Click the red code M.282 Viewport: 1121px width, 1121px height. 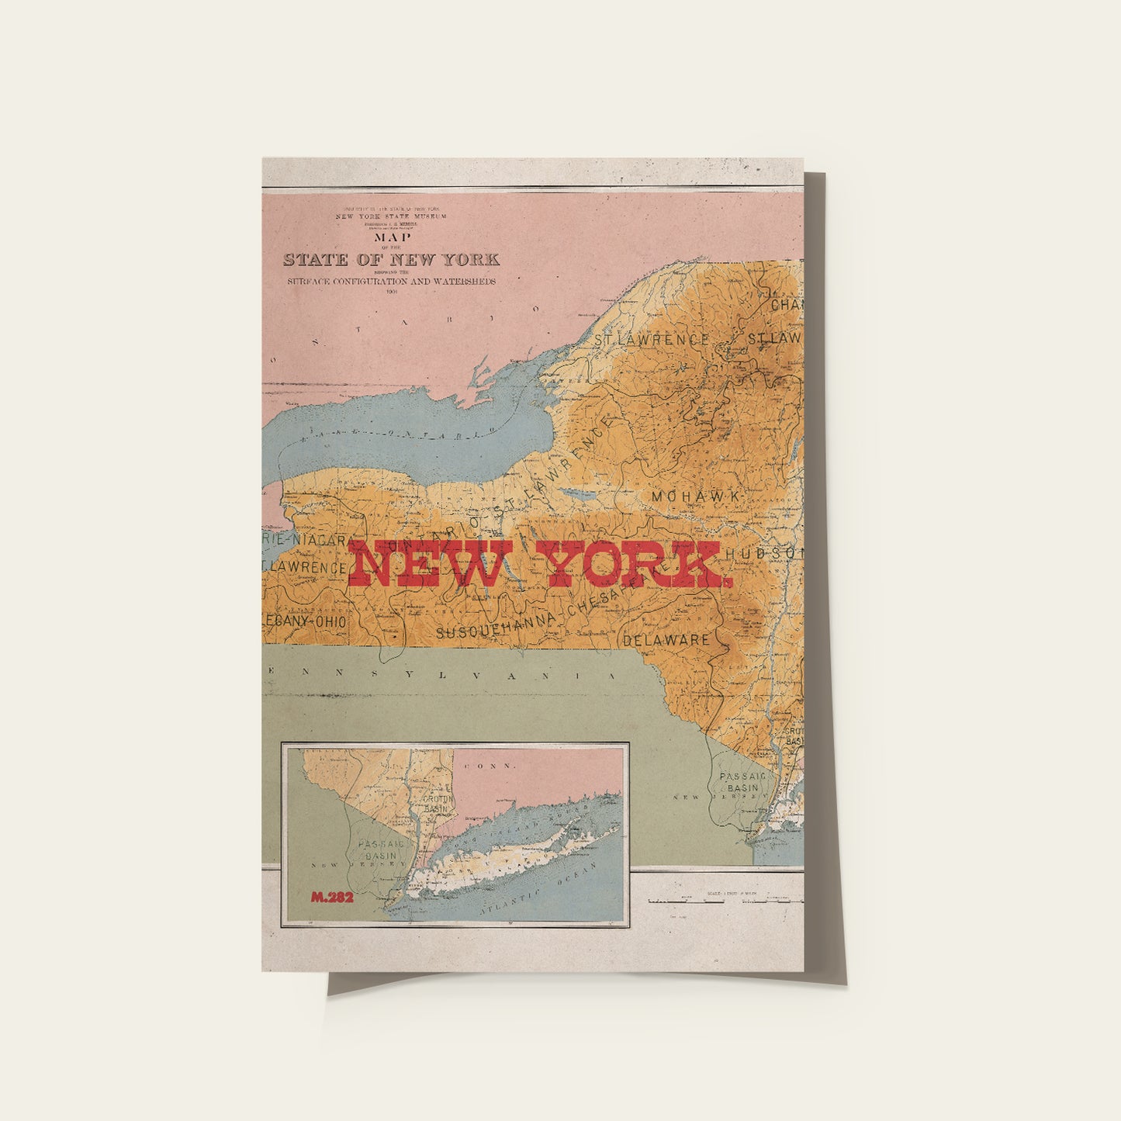coord(332,898)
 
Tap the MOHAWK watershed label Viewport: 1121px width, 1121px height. coord(697,496)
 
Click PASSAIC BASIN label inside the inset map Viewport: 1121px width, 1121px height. coord(378,849)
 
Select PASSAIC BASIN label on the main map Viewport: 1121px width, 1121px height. coord(741,782)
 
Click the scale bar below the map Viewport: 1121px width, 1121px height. coord(725,901)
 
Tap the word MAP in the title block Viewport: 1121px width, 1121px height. coord(392,237)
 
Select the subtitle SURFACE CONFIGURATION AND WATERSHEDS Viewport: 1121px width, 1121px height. coord(391,282)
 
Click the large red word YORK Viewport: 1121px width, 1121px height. coord(634,564)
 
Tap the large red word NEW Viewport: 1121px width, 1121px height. coord(431,564)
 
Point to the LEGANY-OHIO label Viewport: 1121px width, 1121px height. coord(305,621)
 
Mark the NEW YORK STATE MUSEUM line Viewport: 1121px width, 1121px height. coord(391,216)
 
